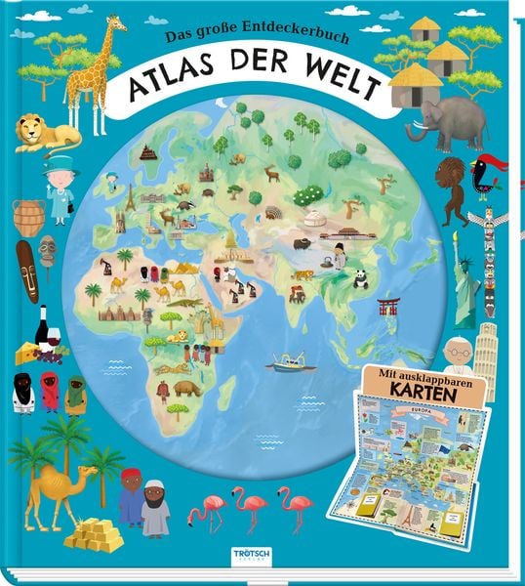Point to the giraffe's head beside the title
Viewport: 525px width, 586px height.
118,25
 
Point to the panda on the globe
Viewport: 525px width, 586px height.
360,280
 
